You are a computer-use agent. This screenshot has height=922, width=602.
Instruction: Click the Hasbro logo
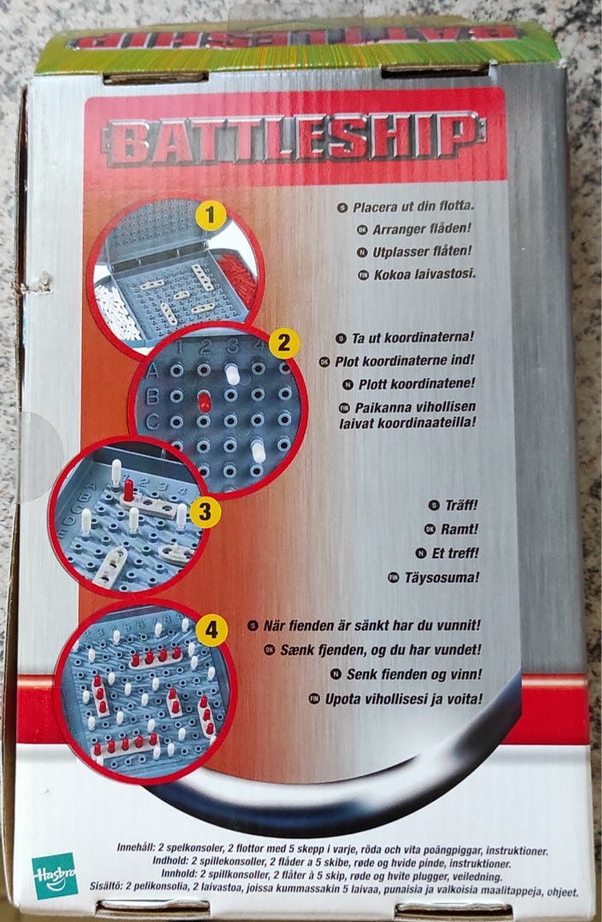click(55, 875)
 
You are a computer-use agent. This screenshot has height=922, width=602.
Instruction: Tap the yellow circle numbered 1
click(211, 216)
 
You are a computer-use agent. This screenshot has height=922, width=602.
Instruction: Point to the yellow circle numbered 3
click(205, 511)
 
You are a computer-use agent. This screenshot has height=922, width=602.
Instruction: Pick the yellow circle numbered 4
click(212, 631)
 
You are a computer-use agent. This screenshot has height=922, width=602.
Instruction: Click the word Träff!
click(461, 505)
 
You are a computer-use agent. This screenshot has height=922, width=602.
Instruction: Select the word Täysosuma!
click(441, 577)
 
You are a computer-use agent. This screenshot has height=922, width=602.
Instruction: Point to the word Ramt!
click(459, 529)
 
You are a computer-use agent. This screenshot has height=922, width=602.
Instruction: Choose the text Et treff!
click(455, 553)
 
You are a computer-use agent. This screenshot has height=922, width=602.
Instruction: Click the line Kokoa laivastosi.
click(424, 274)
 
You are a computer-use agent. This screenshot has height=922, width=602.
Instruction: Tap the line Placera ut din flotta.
click(413, 207)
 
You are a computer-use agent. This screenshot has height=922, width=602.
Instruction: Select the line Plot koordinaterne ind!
click(405, 360)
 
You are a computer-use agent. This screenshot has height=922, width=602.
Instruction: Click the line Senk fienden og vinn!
click(414, 674)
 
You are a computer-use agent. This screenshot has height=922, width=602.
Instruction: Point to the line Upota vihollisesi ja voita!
click(404, 699)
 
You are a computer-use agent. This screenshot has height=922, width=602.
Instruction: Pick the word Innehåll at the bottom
click(135, 848)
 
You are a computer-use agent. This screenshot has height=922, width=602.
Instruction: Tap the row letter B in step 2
click(152, 397)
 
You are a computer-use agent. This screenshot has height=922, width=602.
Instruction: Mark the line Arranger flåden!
click(422, 229)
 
